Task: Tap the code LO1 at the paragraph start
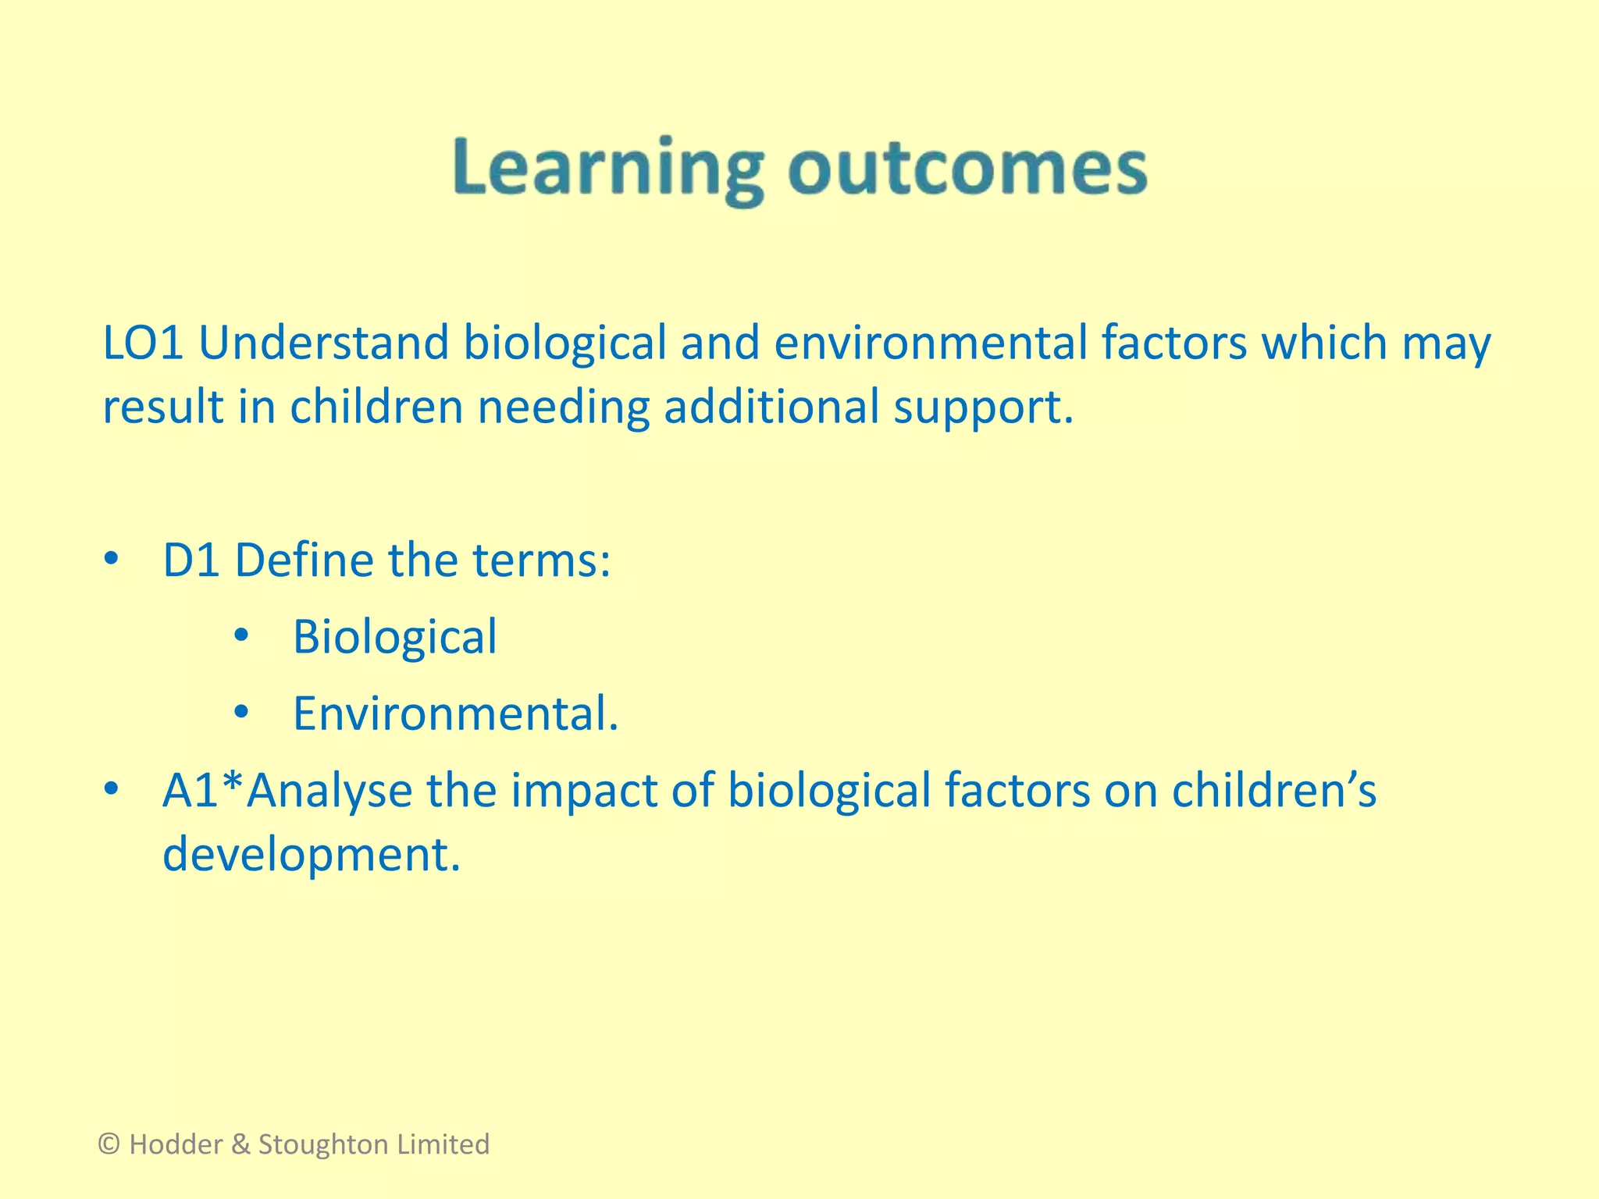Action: (x=143, y=343)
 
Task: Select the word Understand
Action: (x=323, y=343)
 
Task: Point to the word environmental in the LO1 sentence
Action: (x=931, y=343)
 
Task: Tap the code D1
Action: (x=191, y=560)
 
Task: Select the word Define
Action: (x=304, y=560)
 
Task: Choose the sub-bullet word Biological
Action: (x=394, y=637)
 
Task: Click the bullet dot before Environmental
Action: (x=241, y=712)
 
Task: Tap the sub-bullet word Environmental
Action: (x=454, y=713)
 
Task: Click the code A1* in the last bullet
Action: (x=203, y=790)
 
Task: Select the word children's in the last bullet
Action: (x=1273, y=790)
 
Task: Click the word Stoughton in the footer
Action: (x=322, y=1144)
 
